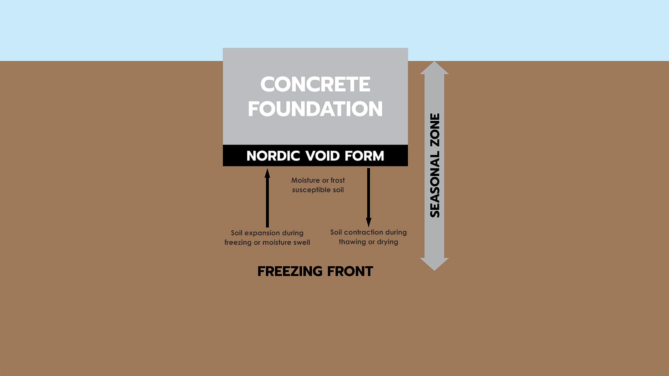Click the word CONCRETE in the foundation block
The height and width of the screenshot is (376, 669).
pyautogui.click(x=315, y=84)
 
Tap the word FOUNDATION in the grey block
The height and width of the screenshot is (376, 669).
pyautogui.click(x=315, y=109)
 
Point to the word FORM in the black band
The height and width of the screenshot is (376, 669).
pyautogui.click(x=364, y=156)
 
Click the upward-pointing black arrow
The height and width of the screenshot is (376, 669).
pyautogui.click(x=267, y=199)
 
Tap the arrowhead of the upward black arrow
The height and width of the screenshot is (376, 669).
pyautogui.click(x=267, y=173)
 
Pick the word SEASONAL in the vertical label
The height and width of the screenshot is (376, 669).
pyautogui.click(x=435, y=184)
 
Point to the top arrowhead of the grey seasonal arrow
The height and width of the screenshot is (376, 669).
pyautogui.click(x=434, y=68)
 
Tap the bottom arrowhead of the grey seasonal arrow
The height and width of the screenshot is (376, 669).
pyautogui.click(x=434, y=264)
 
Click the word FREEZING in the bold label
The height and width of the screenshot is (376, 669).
pyautogui.click(x=290, y=271)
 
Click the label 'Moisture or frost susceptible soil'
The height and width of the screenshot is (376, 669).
pyautogui.click(x=318, y=185)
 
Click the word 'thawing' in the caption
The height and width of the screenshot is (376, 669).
pyautogui.click(x=352, y=242)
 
